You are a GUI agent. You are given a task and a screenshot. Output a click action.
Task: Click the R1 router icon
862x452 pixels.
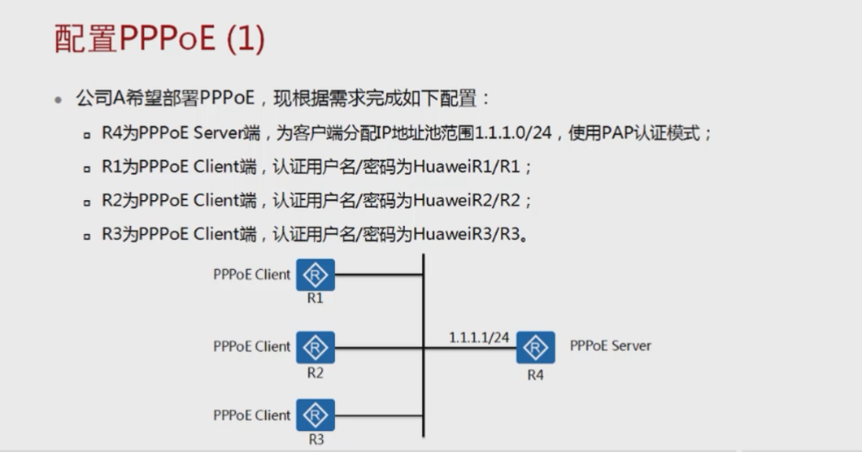[316, 275]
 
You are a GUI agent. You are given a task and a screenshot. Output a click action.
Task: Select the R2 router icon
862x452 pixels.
[316, 347]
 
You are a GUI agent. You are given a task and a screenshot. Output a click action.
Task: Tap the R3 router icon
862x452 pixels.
[316, 415]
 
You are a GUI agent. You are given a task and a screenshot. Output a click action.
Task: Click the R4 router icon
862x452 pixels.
[535, 347]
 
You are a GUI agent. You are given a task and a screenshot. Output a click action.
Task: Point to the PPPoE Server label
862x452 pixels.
[610, 346]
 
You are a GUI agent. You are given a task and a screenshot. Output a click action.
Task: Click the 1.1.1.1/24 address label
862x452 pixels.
[479, 336]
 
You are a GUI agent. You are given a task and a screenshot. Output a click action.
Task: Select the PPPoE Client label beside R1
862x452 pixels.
[251, 275]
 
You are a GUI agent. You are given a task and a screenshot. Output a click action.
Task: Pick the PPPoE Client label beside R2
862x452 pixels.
[251, 346]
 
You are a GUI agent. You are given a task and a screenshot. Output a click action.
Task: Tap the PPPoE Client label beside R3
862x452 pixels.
[251, 415]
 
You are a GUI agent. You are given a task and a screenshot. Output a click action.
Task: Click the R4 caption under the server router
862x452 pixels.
[535, 375]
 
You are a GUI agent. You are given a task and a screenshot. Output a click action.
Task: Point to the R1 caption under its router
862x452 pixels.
[316, 298]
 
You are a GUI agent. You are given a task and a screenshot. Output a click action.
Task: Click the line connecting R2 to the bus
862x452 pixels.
[379, 347]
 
